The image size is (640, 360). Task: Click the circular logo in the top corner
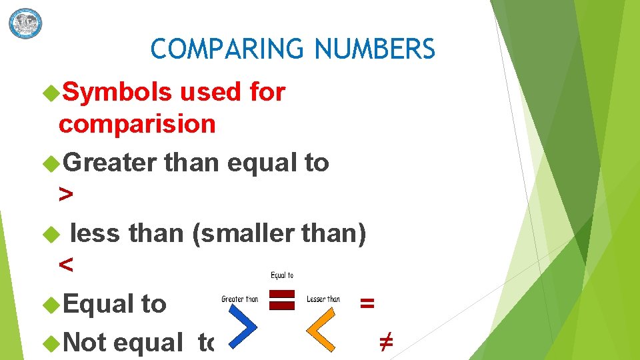[25, 23]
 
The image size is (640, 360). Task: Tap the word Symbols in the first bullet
[117, 93]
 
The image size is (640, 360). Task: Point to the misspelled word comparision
[137, 124]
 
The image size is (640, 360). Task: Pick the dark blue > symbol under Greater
[65, 195]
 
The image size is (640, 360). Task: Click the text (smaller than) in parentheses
[279, 233]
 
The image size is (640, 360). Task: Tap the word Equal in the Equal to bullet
[97, 304]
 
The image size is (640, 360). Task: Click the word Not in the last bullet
[85, 342]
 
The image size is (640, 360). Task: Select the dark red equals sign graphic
[281, 299]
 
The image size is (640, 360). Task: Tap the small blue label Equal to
[281, 275]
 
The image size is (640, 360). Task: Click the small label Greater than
[239, 299]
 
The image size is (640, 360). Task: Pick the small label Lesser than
[323, 299]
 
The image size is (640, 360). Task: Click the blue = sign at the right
[367, 303]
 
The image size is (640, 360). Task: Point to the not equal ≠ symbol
[385, 342]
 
